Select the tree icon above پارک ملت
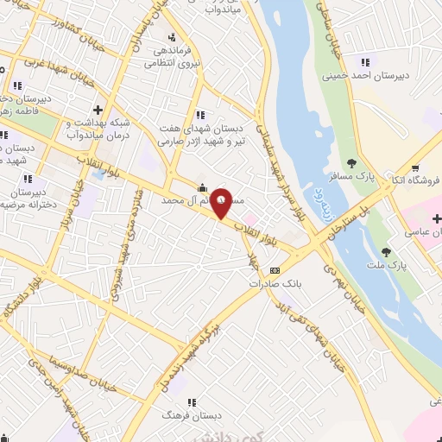[386, 252]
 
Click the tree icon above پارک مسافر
[351, 162]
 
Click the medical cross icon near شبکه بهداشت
[98, 110]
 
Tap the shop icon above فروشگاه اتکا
[416, 167]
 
